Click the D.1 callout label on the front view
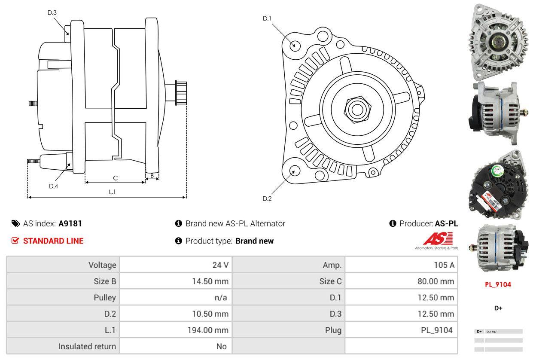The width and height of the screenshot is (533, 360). [x=267, y=18]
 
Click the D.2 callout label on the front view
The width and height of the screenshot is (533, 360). [x=267, y=198]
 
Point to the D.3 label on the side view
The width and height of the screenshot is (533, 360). [x=52, y=12]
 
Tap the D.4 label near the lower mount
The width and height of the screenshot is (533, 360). [x=53, y=186]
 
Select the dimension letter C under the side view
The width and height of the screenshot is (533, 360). [x=115, y=178]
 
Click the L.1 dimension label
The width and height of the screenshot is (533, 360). [x=112, y=192]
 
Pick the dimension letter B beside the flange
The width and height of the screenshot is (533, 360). [x=152, y=175]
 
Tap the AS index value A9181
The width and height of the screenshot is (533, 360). [x=70, y=223]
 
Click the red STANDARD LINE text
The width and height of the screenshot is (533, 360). [x=53, y=241]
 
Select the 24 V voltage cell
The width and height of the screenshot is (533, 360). [x=220, y=265]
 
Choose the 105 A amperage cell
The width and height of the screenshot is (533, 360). [x=444, y=265]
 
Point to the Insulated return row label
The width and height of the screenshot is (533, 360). [x=87, y=346]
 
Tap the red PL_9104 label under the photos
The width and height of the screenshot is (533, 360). [x=498, y=284]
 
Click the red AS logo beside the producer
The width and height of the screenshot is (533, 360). [x=438, y=239]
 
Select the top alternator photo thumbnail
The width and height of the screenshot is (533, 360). [x=498, y=41]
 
